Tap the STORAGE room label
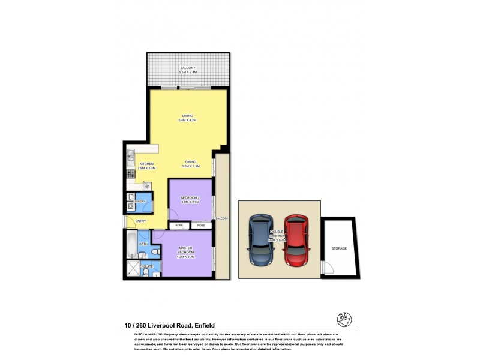click(x=339, y=248)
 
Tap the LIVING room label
click(x=188, y=116)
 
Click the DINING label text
click(x=191, y=161)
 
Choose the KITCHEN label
click(x=147, y=164)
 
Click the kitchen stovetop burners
click(x=130, y=175)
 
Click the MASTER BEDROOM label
click(x=187, y=251)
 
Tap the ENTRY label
click(x=140, y=221)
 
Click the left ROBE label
click(x=179, y=226)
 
